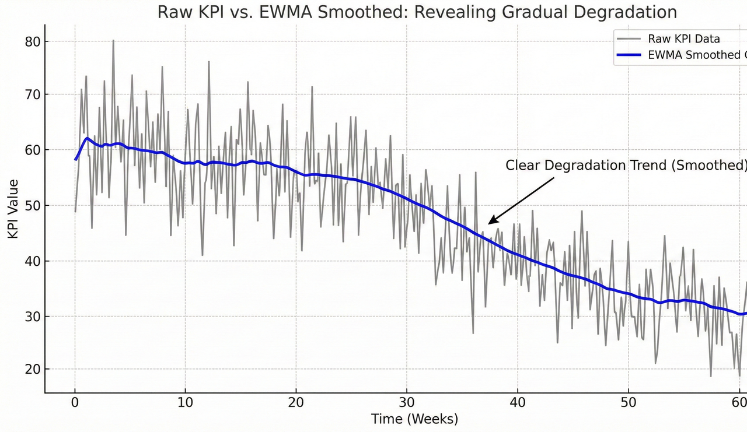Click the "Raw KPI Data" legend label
(683, 39)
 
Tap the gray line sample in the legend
(629, 39)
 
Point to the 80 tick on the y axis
(33, 42)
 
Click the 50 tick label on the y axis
(33, 206)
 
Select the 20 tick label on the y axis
(33, 370)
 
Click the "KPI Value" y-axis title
(13, 208)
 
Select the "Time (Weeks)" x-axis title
(414, 419)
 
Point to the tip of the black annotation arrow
(489, 223)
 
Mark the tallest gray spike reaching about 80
(113, 41)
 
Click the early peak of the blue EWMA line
(87, 138)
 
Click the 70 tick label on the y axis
(33, 95)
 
